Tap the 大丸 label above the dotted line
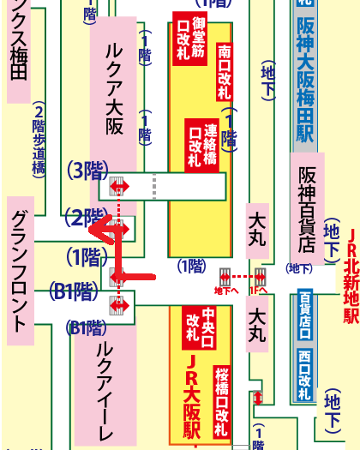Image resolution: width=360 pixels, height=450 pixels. (x=257, y=223)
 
